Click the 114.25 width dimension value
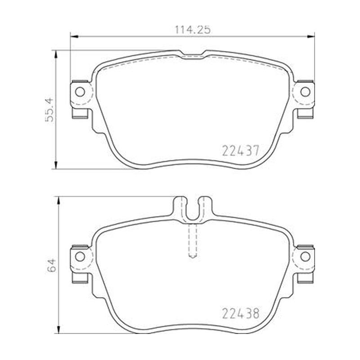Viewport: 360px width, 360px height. pyautogui.click(x=193, y=30)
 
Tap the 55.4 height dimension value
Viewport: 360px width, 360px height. pyautogui.click(x=49, y=110)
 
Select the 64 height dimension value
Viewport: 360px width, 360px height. pyautogui.click(x=52, y=265)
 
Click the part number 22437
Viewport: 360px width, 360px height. pyautogui.click(x=241, y=151)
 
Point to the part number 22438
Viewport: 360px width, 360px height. pyautogui.click(x=241, y=313)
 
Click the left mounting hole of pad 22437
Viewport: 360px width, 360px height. pyautogui.click(x=80, y=92)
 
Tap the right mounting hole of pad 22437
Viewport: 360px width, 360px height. pyautogui.click(x=305, y=92)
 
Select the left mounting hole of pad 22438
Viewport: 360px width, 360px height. pyautogui.click(x=80, y=256)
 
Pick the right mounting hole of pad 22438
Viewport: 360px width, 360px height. pyautogui.click(x=305, y=256)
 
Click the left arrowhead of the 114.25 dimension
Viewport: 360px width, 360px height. pyautogui.click(x=74, y=36)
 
